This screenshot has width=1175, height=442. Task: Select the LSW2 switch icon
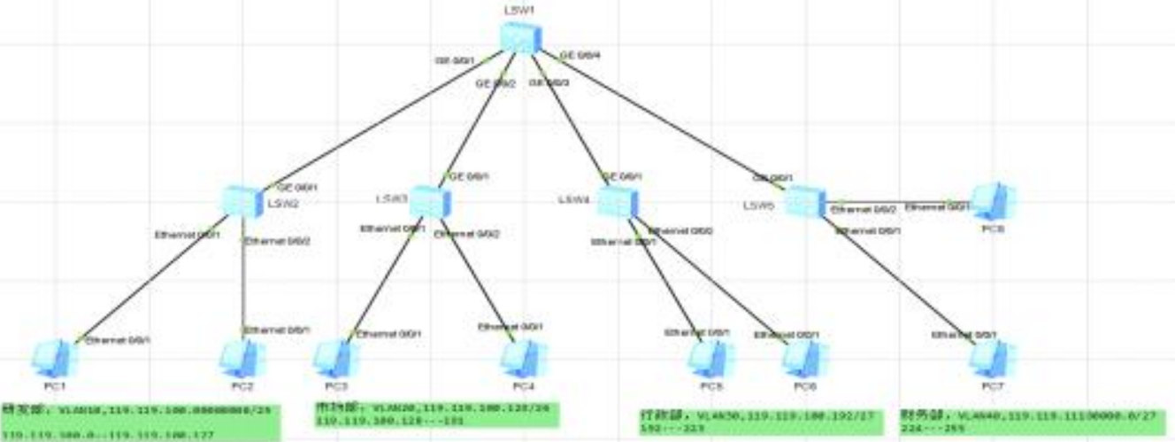click(x=241, y=201)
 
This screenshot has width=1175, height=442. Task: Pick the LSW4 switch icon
click(x=617, y=201)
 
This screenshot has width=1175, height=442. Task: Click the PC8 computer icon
click(x=992, y=200)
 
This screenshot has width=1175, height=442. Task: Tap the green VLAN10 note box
click(x=141, y=423)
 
